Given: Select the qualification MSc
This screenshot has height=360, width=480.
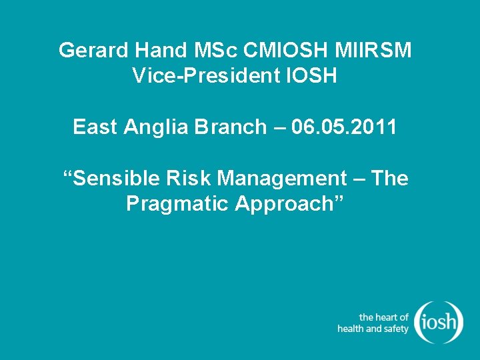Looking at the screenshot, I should [199, 50].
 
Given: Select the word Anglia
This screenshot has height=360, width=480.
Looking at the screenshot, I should [156, 127].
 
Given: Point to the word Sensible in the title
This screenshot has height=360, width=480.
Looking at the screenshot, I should [105, 178].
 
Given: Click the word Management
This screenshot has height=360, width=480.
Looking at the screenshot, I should [282, 179].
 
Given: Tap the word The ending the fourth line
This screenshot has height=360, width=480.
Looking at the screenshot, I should [389, 178].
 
